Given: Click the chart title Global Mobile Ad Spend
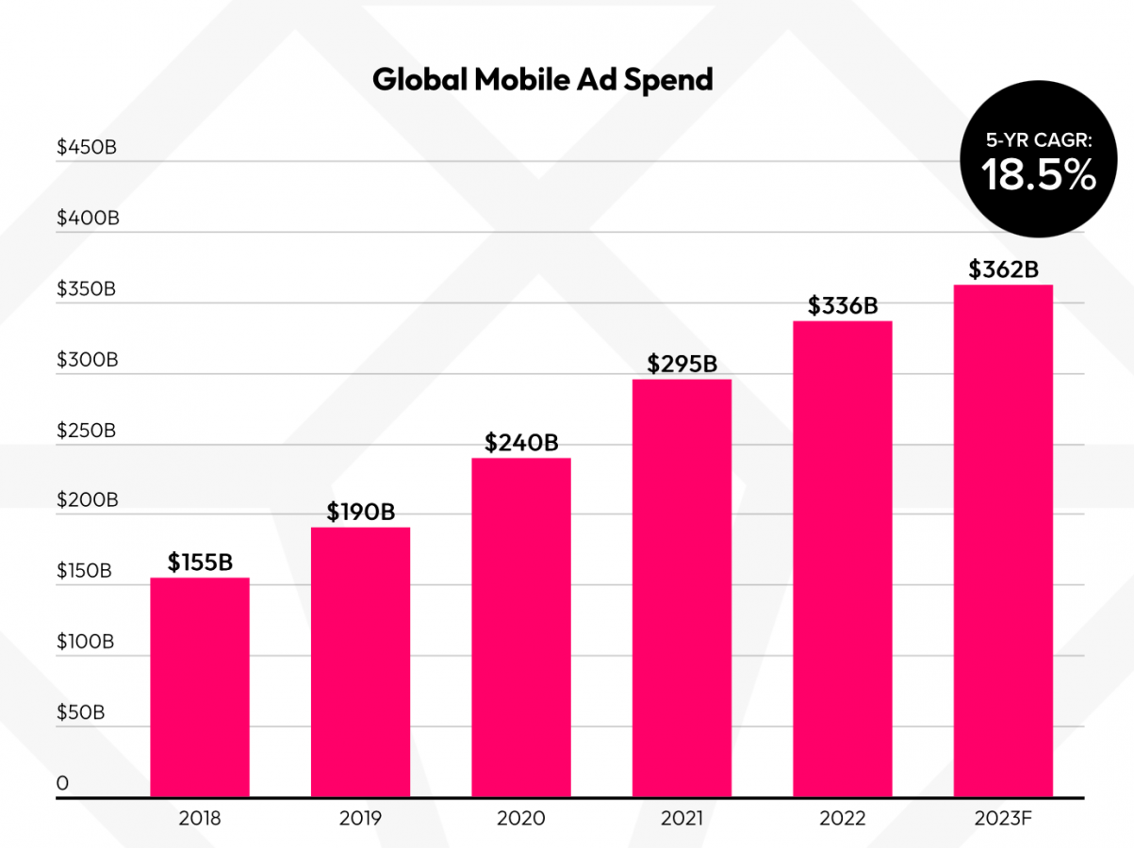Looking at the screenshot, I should pyautogui.click(x=542, y=79).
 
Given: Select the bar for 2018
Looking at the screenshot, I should pyautogui.click(x=200, y=688).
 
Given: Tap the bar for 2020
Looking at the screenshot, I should pyautogui.click(x=521, y=628).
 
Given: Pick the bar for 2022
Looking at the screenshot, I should pyautogui.click(x=843, y=560).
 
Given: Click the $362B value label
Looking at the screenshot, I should pyautogui.click(x=1003, y=270).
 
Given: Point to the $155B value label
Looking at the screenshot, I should pyautogui.click(x=200, y=563).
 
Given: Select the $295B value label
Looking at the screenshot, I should pyautogui.click(x=682, y=364).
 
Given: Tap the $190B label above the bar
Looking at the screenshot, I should pyautogui.click(x=360, y=512).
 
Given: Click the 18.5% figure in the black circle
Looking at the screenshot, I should pyautogui.click(x=1040, y=175).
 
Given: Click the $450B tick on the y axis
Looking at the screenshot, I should pyautogui.click(x=87, y=148).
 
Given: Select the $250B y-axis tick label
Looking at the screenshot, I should pyautogui.click(x=87, y=431).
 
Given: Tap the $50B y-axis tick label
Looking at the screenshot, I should pyautogui.click(x=80, y=713).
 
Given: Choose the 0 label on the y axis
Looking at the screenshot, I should pyautogui.click(x=62, y=784).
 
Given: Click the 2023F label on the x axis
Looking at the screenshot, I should pyautogui.click(x=1003, y=818).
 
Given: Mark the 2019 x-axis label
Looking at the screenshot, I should pyautogui.click(x=360, y=818).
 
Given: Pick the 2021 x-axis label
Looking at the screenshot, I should pyautogui.click(x=682, y=818).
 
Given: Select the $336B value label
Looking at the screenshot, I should pyautogui.click(x=843, y=306).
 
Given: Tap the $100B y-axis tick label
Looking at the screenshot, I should pyautogui.click(x=86, y=643).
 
